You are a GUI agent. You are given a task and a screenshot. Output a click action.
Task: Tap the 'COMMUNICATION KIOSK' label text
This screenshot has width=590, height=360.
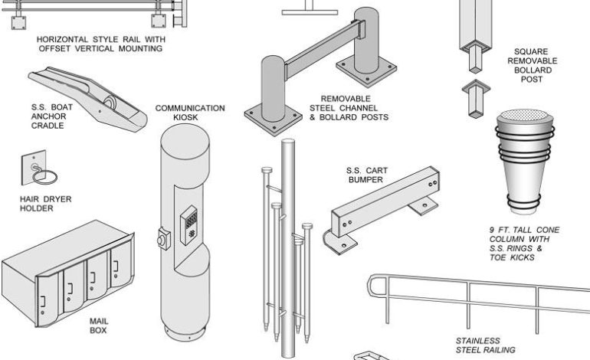[190, 113]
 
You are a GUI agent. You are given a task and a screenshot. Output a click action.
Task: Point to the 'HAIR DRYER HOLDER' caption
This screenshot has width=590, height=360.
[46, 203]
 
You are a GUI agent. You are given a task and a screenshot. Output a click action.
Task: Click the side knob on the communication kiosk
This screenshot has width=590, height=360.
[163, 238]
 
